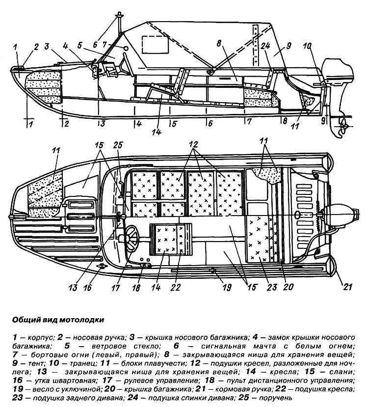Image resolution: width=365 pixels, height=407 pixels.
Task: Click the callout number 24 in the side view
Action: (x=265, y=47)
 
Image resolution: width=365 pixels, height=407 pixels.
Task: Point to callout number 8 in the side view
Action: (x=219, y=43)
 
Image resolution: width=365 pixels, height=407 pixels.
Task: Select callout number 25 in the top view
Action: (x=118, y=145)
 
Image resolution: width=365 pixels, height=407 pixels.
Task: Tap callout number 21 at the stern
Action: (x=348, y=287)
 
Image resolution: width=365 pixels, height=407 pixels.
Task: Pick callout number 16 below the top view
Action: (x=88, y=287)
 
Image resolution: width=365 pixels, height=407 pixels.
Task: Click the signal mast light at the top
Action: (x=120, y=14)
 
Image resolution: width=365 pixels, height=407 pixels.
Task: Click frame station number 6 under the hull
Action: (x=210, y=123)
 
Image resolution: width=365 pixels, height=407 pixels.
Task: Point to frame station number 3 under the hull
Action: (x=102, y=124)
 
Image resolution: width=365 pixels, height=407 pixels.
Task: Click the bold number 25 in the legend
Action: (x=243, y=398)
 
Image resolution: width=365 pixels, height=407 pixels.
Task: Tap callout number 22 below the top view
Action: (x=175, y=287)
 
